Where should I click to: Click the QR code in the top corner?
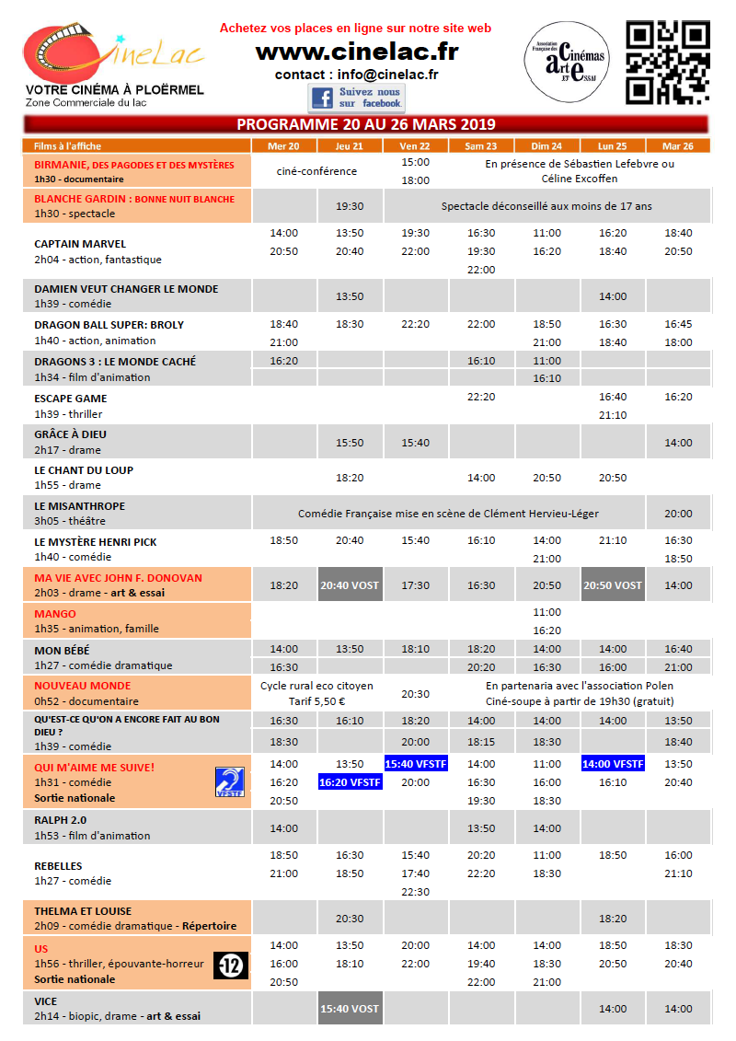(668, 63)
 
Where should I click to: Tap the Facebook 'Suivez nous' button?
(356, 98)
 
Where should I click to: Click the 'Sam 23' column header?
(481, 145)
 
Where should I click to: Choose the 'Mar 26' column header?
(677, 145)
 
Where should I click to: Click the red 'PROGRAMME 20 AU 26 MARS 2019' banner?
(366, 124)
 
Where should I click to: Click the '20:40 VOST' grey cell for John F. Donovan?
(350, 585)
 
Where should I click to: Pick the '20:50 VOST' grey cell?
(613, 585)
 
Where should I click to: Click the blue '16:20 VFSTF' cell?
(350, 782)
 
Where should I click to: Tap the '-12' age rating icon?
(231, 965)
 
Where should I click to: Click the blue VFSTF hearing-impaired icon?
(230, 782)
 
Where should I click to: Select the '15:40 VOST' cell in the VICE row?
(350, 1009)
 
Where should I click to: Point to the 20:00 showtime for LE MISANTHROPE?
(678, 514)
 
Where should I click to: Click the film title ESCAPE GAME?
(71, 399)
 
